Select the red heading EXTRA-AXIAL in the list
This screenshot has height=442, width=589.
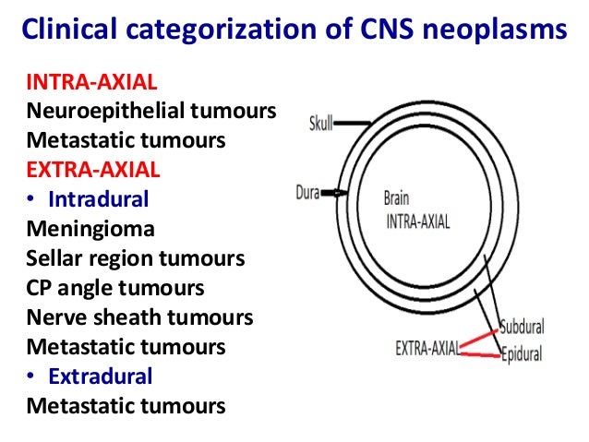click(x=92, y=170)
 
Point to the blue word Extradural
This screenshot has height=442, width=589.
click(x=101, y=376)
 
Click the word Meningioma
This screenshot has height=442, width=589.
click(x=90, y=228)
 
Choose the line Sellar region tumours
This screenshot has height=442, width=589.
click(x=135, y=257)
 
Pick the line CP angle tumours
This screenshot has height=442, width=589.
click(x=115, y=287)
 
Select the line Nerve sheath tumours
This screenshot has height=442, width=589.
click(x=139, y=317)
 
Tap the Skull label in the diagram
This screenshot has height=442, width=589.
click(x=322, y=123)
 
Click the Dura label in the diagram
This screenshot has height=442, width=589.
click(x=307, y=193)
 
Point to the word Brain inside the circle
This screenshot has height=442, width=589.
click(x=397, y=197)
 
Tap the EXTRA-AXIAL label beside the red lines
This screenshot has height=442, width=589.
click(x=427, y=348)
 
